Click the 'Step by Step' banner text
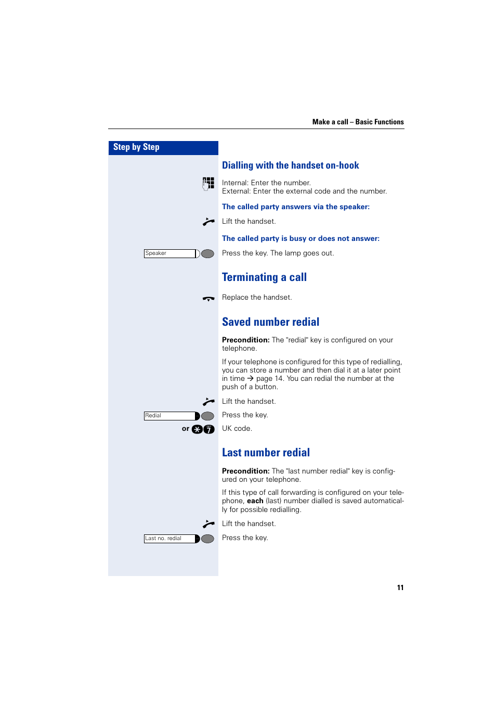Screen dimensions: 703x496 tap(136, 147)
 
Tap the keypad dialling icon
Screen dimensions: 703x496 tap(208, 183)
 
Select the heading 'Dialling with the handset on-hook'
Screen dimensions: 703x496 tap(290, 165)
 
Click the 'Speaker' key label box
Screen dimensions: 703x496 tap(169, 253)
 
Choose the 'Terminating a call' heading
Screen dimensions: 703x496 tap(264, 277)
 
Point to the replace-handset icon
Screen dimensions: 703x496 tap(208, 299)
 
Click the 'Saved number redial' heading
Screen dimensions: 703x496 tap(270, 322)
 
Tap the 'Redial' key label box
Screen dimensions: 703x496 tap(169, 416)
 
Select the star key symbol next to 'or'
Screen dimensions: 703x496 tap(197, 429)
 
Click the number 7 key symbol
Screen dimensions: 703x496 tap(209, 429)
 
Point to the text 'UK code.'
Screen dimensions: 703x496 tap(237, 429)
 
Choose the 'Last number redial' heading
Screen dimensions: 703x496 tap(266, 453)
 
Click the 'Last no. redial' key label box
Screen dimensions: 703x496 tap(169, 539)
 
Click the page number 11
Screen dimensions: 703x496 tap(400, 587)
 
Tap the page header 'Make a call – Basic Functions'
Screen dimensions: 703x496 tap(358, 122)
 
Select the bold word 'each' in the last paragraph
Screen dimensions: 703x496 tap(255, 501)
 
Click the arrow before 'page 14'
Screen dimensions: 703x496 tap(250, 379)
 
